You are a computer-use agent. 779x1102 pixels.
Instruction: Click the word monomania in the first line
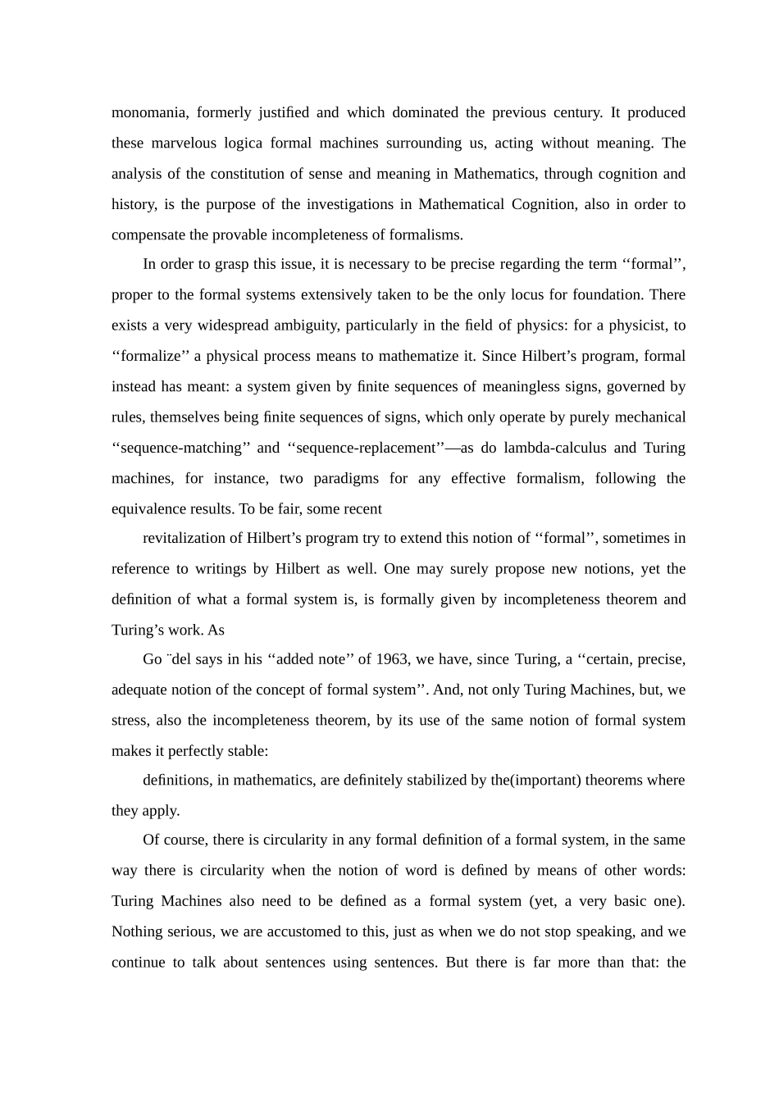(148, 112)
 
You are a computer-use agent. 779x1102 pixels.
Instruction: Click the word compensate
(148, 235)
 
